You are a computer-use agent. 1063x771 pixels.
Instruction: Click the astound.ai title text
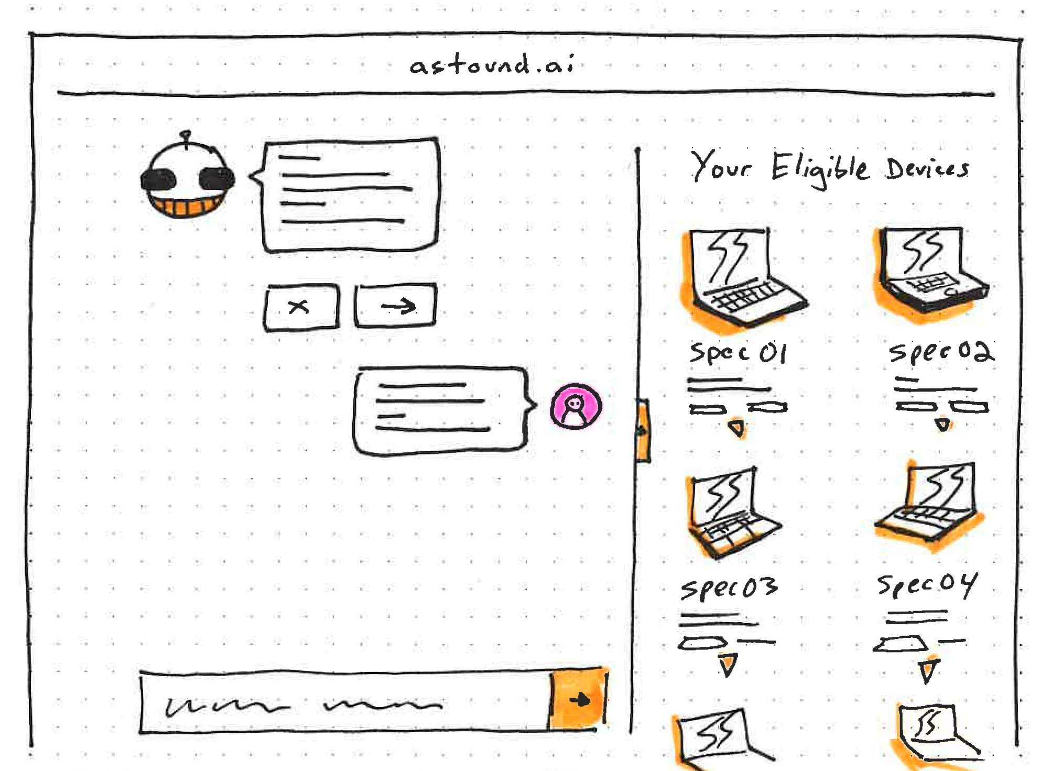(x=492, y=65)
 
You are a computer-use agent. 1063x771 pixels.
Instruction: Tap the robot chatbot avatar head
(x=187, y=178)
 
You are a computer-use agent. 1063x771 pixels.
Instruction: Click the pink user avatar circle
(x=576, y=407)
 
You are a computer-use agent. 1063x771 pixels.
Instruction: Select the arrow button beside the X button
(x=396, y=306)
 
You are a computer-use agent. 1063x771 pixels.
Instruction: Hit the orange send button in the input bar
(x=578, y=699)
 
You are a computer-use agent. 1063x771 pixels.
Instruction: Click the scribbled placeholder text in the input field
(x=304, y=705)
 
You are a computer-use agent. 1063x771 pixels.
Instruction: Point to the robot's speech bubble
(x=350, y=194)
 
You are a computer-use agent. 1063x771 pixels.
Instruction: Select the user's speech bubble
(x=440, y=410)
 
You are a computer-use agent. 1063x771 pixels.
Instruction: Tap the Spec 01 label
(x=738, y=353)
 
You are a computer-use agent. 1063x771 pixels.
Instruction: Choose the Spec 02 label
(x=941, y=351)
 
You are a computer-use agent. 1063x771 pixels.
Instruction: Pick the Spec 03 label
(x=729, y=588)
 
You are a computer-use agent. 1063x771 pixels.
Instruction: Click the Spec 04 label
(x=927, y=584)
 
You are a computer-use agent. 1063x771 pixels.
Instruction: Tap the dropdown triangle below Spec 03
(x=728, y=665)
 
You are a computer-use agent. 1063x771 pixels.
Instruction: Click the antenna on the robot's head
(x=186, y=138)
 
